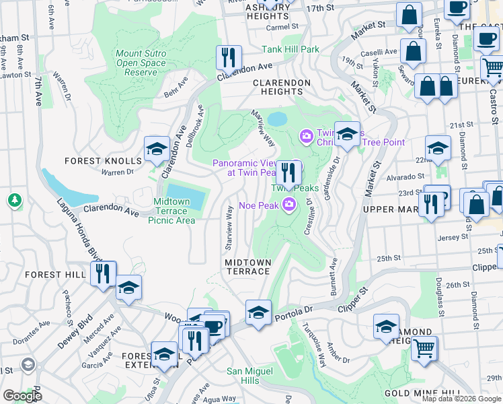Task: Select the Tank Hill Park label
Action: click(291, 49)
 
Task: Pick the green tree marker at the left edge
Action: click(13, 200)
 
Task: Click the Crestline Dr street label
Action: click(309, 215)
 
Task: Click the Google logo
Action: click(22, 395)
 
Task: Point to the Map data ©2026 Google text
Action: click(461, 399)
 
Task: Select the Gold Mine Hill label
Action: click(422, 393)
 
